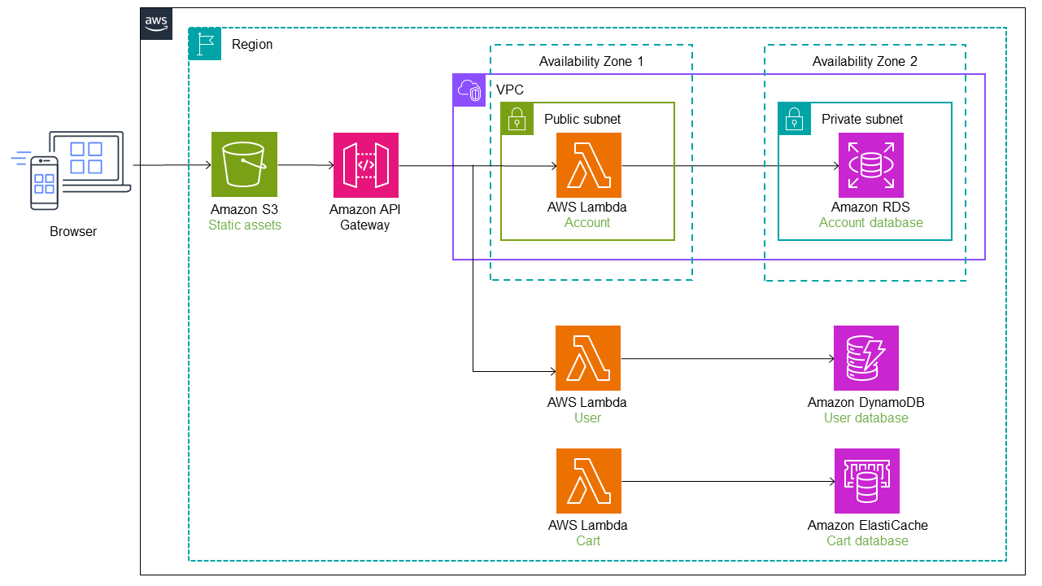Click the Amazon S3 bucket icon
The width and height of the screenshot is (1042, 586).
point(244,164)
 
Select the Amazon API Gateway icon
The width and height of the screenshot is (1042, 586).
point(366,164)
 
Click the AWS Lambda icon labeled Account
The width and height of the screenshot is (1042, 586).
point(588,164)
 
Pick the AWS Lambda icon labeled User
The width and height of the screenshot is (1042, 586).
point(587,358)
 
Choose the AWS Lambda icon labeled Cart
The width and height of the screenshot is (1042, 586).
point(588,480)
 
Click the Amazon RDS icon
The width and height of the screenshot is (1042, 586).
point(870,164)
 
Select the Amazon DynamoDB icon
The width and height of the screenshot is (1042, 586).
point(865,358)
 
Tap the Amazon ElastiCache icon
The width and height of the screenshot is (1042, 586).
point(866,480)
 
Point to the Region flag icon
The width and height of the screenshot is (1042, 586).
point(205,43)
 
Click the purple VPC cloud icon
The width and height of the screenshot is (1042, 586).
point(469,90)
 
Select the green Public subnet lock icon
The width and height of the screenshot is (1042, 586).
point(517,119)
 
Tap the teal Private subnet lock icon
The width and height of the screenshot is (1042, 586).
point(794,119)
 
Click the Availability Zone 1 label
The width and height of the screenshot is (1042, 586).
point(591,62)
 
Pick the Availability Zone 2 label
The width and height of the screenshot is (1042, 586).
point(865,62)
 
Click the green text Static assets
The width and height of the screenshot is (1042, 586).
point(244,225)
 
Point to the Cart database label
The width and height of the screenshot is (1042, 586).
point(867,541)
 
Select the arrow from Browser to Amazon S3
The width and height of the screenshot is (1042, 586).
point(171,165)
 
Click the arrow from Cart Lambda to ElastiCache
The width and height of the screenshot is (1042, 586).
point(727,481)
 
